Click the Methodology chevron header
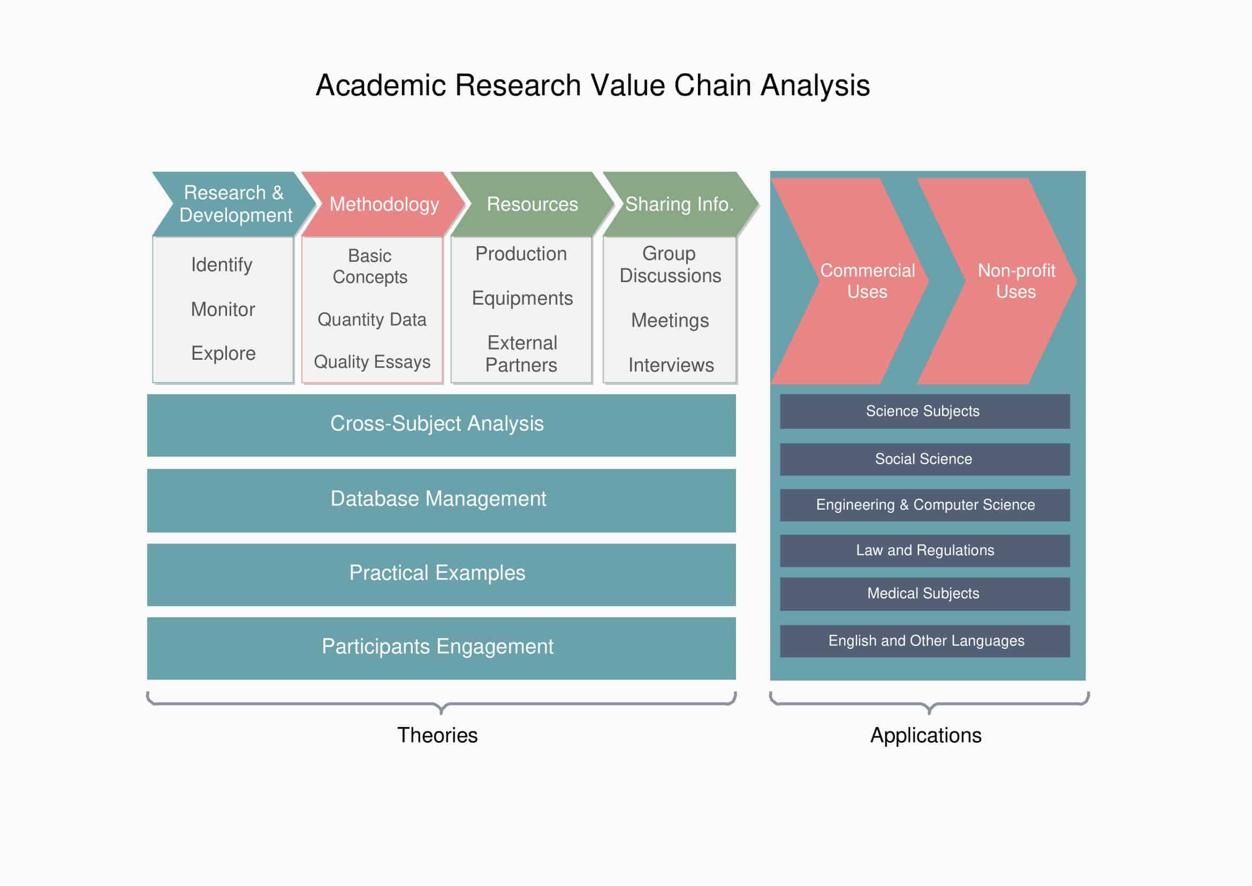pos(384,205)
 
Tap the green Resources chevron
pos(532,205)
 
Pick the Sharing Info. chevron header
pos(679,205)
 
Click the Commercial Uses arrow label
pos(867,281)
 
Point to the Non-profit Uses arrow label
pos(1016,281)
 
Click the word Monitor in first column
pos(223,309)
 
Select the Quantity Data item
pos(372,320)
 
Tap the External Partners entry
pos(521,354)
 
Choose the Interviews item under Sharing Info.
pos(671,365)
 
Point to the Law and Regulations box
pos(924,551)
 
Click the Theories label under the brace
pos(437,736)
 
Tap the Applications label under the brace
pos(926,736)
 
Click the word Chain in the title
pos(711,86)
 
